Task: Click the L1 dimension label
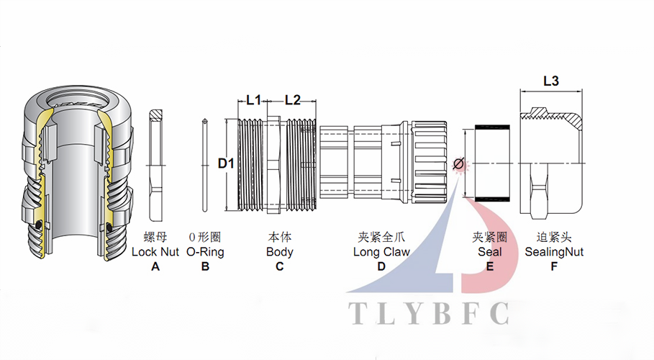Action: [x=253, y=101]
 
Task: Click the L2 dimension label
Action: [x=292, y=101]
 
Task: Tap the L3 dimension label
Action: [x=550, y=81]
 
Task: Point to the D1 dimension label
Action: [x=226, y=163]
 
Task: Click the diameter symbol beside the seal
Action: [x=458, y=165]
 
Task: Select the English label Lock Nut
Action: [x=155, y=252]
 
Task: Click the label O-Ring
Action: [x=205, y=252]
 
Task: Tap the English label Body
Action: [x=279, y=252]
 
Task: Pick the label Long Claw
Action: [x=381, y=252]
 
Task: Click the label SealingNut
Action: [x=554, y=252]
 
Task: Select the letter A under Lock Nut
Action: [x=155, y=266]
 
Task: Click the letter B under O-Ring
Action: [x=205, y=266]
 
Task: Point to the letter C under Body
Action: [x=279, y=266]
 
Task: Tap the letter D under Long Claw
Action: [x=381, y=266]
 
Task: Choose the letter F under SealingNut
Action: [x=554, y=266]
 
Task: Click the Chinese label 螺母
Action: [x=155, y=237]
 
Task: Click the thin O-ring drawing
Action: [x=205, y=165]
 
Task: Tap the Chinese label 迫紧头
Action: [x=554, y=237]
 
